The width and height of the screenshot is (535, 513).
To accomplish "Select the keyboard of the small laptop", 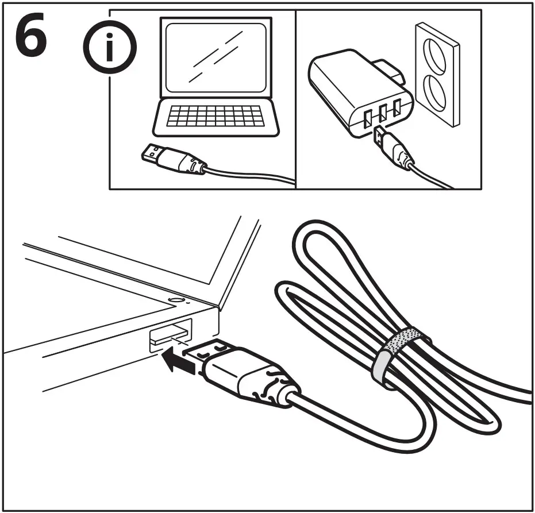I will (215, 116).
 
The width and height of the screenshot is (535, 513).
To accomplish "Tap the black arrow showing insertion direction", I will (177, 361).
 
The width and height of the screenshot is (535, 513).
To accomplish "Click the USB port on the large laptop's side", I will (169, 335).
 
